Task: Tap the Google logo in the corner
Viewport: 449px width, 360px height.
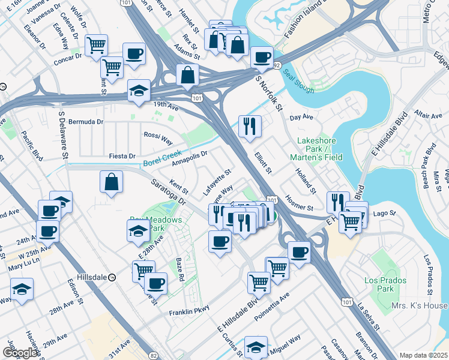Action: pos(20,353)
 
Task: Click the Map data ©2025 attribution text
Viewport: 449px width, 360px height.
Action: pos(423,355)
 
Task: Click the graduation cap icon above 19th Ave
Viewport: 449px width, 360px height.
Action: pos(139,91)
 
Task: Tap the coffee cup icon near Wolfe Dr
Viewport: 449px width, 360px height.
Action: pos(133,53)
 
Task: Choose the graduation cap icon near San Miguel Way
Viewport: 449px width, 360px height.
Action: pos(256,347)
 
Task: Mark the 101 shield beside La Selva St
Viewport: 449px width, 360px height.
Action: pos(347,296)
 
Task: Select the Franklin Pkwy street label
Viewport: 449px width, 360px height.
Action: pos(188,312)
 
